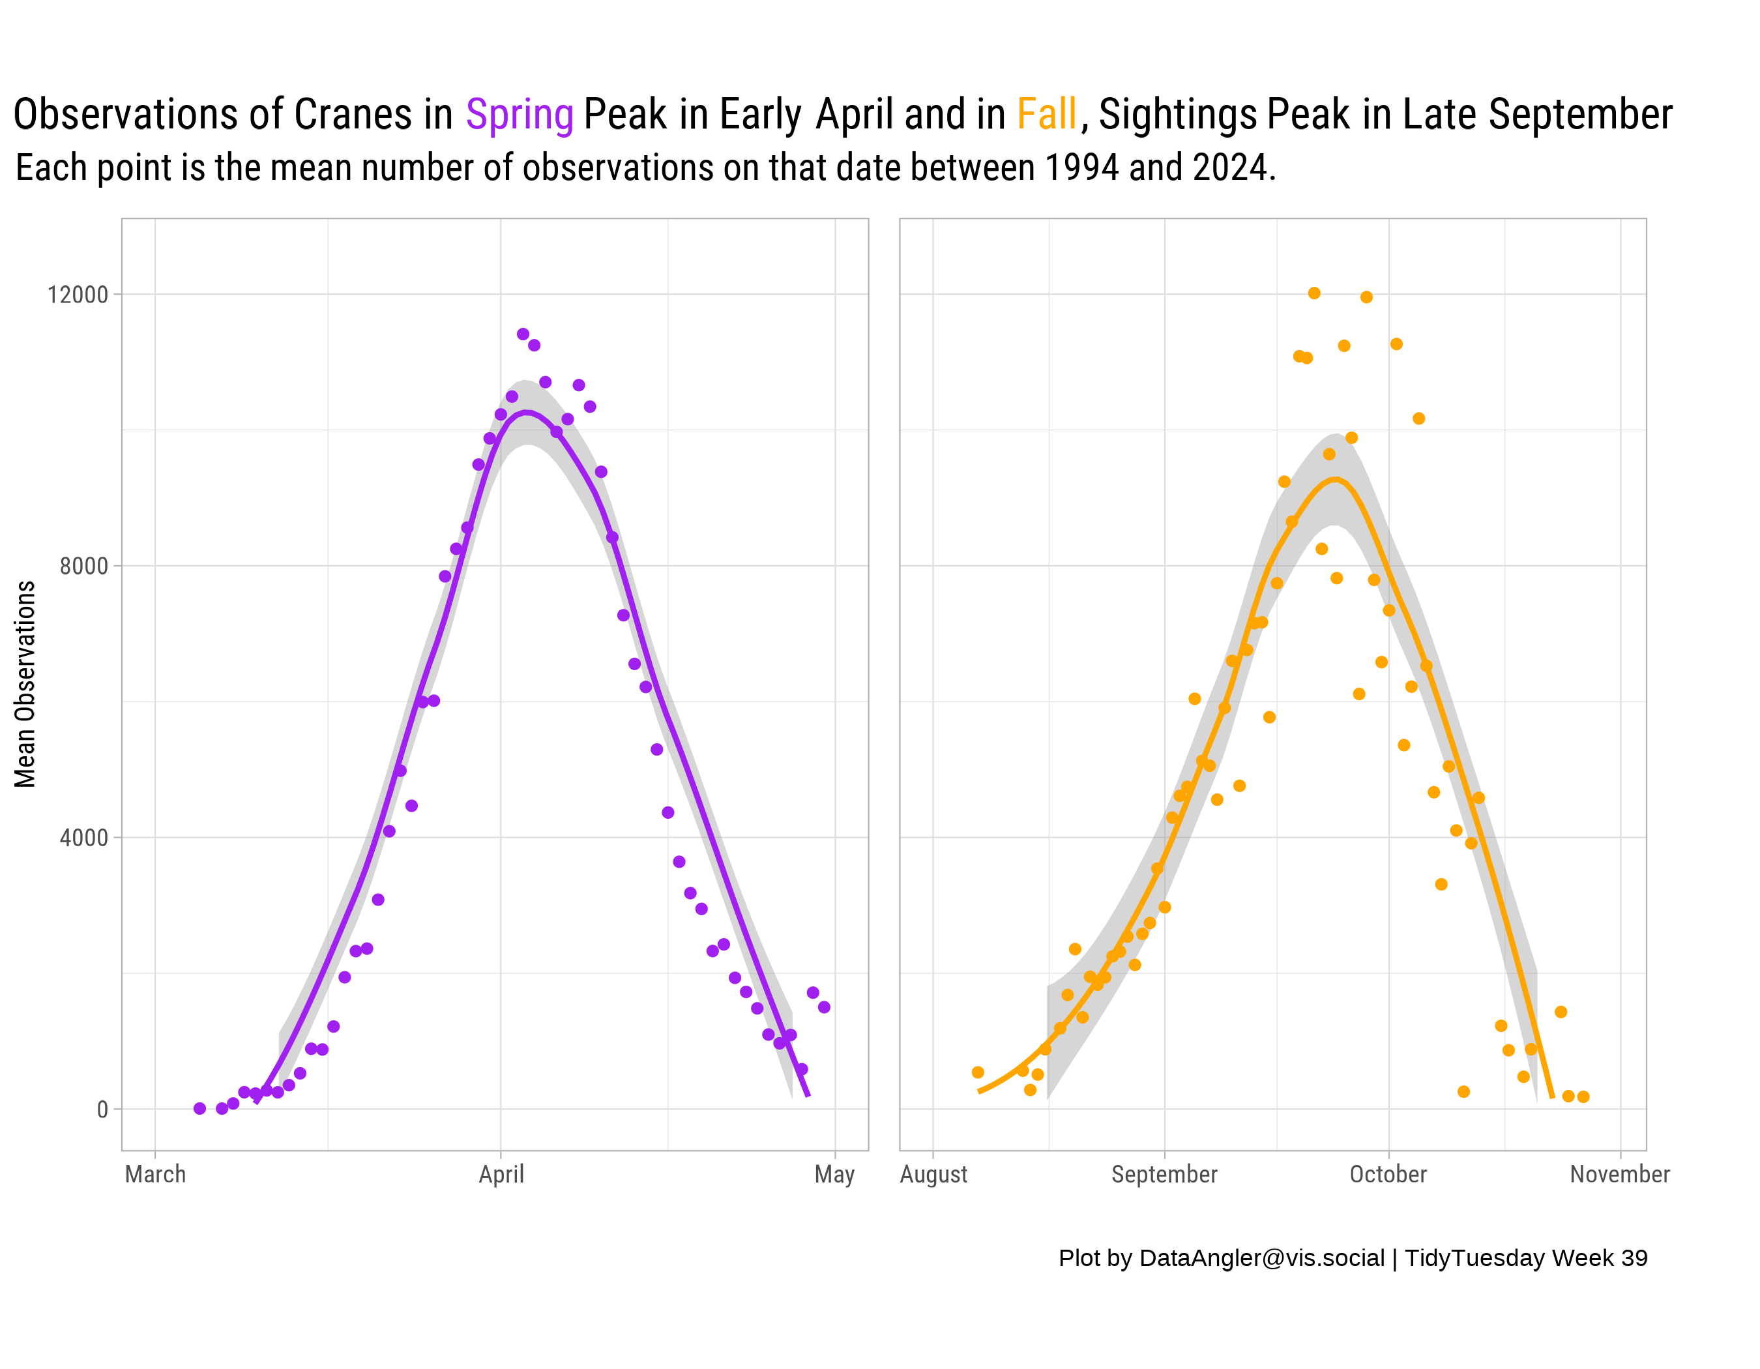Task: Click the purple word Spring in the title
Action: click(x=519, y=115)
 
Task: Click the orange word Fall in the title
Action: click(x=1046, y=115)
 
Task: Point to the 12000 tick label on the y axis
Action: click(x=78, y=295)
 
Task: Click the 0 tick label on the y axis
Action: click(x=102, y=1110)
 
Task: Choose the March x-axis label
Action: click(x=156, y=1174)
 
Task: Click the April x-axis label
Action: click(x=501, y=1174)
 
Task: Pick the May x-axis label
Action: click(x=834, y=1174)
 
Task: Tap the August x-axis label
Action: click(x=933, y=1174)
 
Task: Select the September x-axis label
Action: click(x=1164, y=1174)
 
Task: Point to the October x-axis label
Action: click(x=1388, y=1174)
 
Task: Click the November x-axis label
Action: click(x=1619, y=1174)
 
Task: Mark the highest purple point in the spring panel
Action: click(x=523, y=334)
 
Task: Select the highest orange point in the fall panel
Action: click(x=1313, y=293)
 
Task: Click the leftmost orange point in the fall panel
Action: click(x=978, y=1072)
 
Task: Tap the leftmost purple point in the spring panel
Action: click(x=200, y=1109)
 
